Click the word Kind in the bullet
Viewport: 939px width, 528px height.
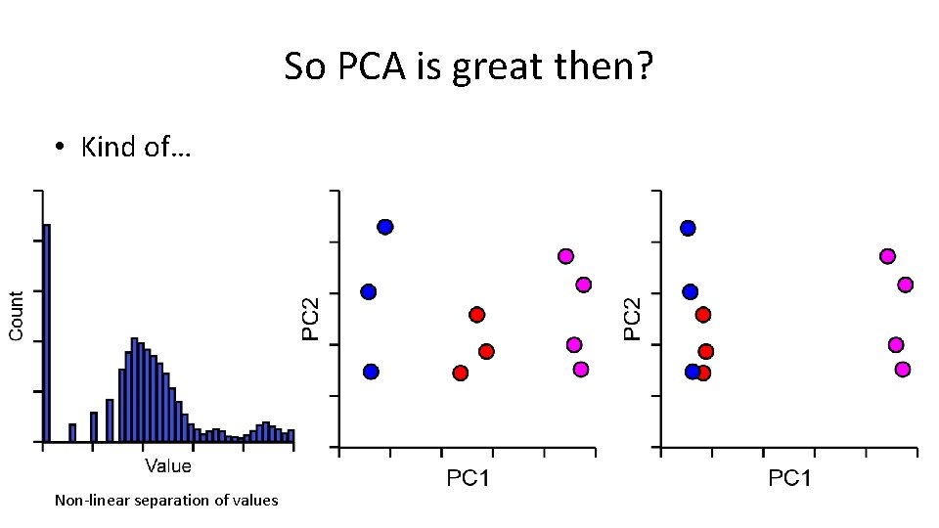108,148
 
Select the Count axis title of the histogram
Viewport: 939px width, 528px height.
17,317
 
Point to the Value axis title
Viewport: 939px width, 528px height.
168,465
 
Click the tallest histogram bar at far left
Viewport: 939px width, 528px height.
46,332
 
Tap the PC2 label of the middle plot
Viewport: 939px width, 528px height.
311,319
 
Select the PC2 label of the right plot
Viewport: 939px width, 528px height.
634,319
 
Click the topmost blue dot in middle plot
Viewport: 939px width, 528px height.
385,227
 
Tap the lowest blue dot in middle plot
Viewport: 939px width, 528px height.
371,372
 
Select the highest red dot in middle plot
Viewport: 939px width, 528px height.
477,315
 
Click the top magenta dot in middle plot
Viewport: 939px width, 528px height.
565,256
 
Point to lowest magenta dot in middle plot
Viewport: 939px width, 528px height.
581,369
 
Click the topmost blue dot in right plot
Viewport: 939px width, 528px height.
688,228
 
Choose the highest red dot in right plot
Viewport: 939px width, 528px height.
702,315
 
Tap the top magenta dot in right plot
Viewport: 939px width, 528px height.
887,256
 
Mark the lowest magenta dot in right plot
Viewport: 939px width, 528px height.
903,369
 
